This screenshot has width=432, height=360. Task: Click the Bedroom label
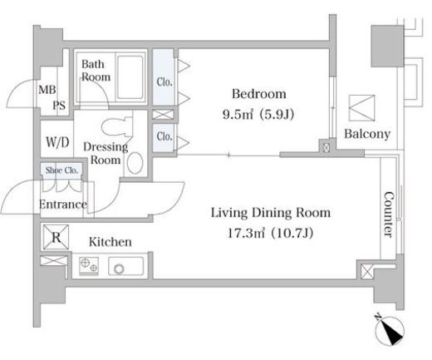pyautogui.click(x=259, y=94)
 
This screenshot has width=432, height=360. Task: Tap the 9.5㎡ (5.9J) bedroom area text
pyautogui.click(x=258, y=114)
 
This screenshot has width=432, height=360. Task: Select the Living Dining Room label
pyautogui.click(x=271, y=213)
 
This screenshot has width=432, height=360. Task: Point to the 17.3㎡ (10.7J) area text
pyautogui.click(x=270, y=233)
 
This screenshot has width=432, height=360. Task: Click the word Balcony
pyautogui.click(x=367, y=134)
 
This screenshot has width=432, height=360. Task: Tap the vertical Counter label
pyautogui.click(x=389, y=215)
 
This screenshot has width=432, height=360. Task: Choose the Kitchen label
pyautogui.click(x=110, y=242)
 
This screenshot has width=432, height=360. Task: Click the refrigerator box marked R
pyautogui.click(x=56, y=237)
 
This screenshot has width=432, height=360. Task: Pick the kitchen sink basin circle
pyautogui.click(x=120, y=269)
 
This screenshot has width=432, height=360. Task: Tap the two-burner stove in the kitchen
pyautogui.click(x=89, y=266)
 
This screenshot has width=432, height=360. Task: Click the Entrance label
pyautogui.click(x=63, y=205)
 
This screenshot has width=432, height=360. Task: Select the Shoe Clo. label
pyautogui.click(x=61, y=170)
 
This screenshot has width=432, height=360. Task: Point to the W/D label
pyautogui.click(x=57, y=142)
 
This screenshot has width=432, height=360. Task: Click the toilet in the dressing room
pyautogui.click(x=115, y=126)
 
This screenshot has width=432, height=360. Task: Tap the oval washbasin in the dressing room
pyautogui.click(x=135, y=163)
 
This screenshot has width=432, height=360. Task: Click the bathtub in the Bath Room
pyautogui.click(x=130, y=77)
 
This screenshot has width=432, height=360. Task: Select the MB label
pyautogui.click(x=47, y=90)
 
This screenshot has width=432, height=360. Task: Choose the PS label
pyautogui.click(x=59, y=106)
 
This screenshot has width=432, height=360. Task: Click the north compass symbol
pyautogui.click(x=390, y=330)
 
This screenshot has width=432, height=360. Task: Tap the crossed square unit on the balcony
pyautogui.click(x=361, y=108)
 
